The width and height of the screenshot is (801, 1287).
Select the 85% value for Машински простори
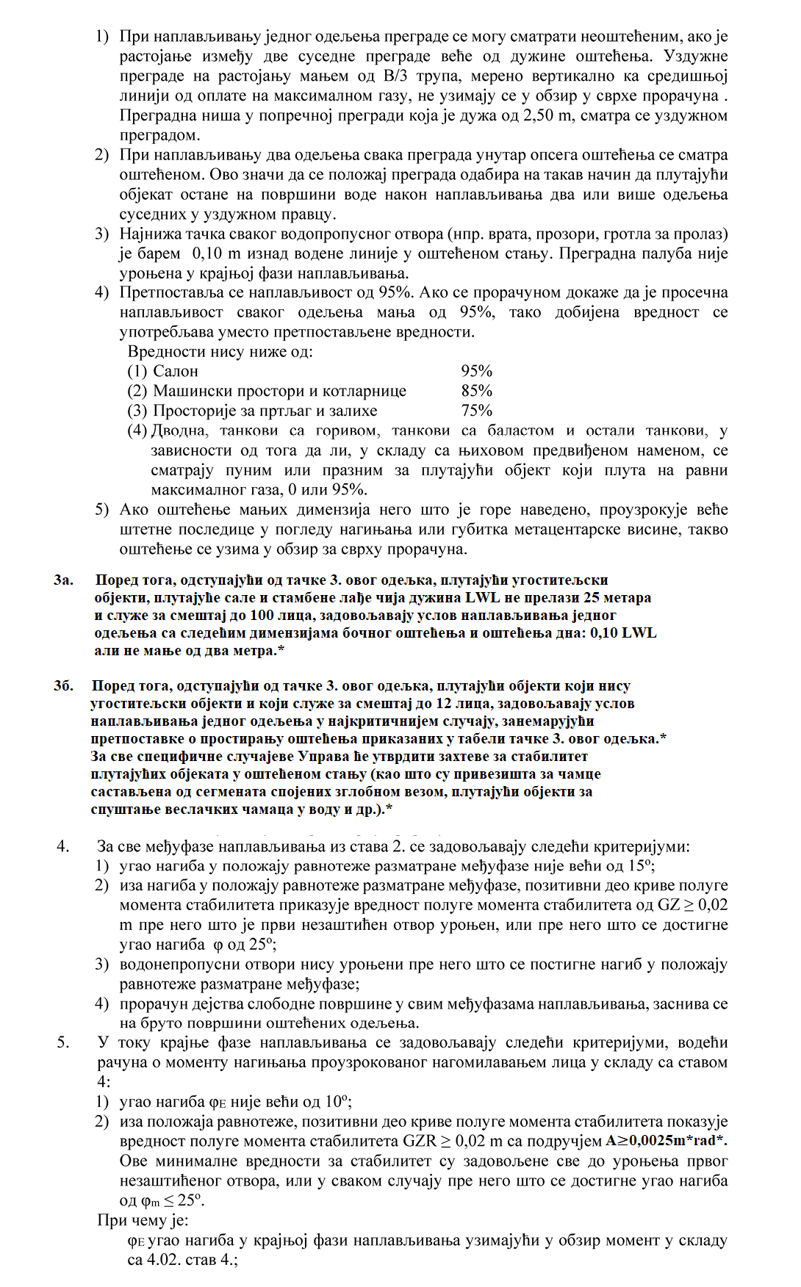[x=476, y=391]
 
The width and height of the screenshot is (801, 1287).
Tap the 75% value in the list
[x=476, y=411]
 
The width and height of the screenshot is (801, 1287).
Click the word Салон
[x=176, y=371]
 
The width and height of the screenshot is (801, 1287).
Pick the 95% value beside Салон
[x=476, y=371]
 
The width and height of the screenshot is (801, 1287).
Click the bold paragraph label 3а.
[x=63, y=580]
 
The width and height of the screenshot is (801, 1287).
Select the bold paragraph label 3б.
[x=63, y=685]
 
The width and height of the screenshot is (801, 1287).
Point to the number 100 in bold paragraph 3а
[x=262, y=615]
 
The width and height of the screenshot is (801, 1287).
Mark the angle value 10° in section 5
[x=337, y=1101]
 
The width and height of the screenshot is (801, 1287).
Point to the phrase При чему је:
[x=143, y=1220]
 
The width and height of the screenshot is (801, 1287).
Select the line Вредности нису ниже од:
[x=220, y=351]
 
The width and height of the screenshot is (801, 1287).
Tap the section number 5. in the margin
[x=63, y=1042]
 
